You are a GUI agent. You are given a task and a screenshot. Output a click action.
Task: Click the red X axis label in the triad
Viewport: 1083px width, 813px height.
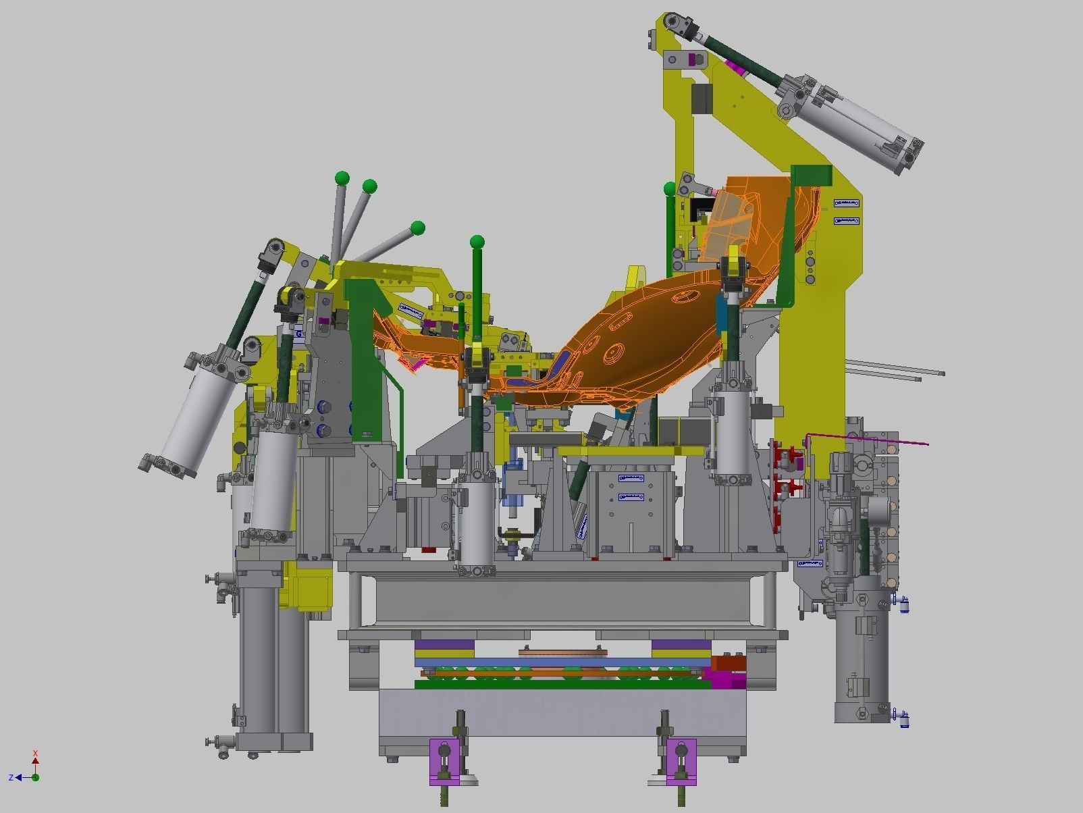36,753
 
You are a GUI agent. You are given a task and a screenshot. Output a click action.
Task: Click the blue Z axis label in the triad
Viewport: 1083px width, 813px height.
11,778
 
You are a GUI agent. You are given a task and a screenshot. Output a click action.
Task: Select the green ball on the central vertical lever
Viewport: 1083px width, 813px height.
477,242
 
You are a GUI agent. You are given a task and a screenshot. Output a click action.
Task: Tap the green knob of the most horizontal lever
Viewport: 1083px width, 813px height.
418,227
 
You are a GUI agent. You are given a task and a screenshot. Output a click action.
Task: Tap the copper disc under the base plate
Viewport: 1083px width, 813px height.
560,652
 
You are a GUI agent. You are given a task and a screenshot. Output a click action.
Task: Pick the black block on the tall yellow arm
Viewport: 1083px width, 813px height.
702,99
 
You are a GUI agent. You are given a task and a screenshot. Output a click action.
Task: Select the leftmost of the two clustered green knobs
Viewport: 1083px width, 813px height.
342,179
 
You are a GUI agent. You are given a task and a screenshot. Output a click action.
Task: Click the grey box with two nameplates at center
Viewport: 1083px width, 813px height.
629,506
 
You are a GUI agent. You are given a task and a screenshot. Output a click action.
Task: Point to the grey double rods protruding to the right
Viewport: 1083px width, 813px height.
891,369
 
